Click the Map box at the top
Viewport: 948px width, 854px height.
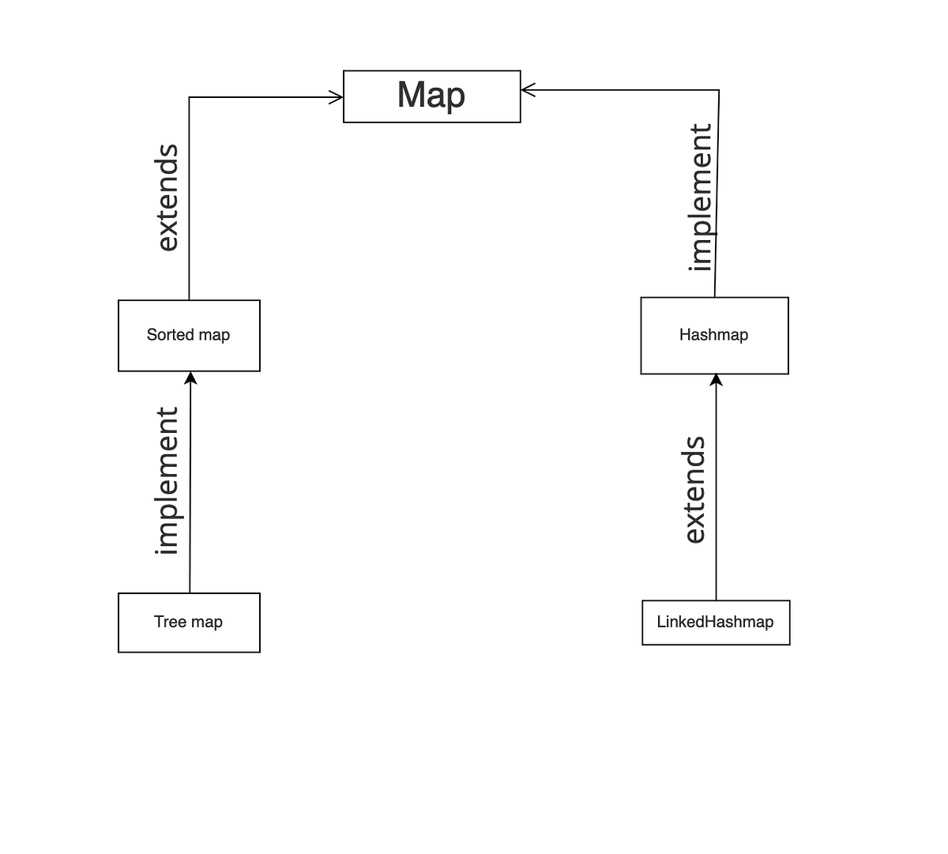coord(431,96)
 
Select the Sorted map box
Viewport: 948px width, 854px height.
coord(189,336)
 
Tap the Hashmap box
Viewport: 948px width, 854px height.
coord(714,336)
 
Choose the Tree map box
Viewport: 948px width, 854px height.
coord(189,623)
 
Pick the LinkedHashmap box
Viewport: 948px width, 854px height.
coord(716,623)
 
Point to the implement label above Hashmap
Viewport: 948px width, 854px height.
coord(701,198)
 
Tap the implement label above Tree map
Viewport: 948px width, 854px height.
coord(167,481)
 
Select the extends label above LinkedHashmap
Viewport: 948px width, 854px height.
coord(694,490)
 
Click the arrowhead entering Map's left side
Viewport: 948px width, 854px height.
coord(337,97)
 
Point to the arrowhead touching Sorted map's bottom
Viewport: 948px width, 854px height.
coord(190,378)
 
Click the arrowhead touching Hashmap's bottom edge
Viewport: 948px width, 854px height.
coord(716,381)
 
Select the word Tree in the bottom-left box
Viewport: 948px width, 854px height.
coord(169,622)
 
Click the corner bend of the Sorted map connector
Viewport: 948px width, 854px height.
coord(190,97)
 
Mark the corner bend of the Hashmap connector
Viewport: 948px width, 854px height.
coord(719,91)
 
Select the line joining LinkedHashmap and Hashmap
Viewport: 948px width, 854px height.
coord(717,553)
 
